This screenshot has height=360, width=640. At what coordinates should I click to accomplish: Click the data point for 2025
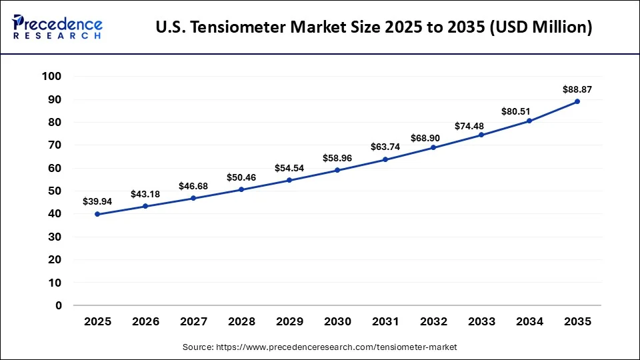[x=97, y=214]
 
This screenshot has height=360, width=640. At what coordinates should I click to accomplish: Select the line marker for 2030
[x=337, y=170]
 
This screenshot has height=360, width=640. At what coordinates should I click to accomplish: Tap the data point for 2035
[x=577, y=101]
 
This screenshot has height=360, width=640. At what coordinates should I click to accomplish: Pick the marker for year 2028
[x=241, y=189]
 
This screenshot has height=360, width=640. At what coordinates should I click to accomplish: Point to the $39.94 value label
[x=97, y=201]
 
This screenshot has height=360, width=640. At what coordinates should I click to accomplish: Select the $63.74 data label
[x=385, y=147]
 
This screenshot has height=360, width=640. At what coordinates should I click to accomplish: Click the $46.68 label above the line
[x=193, y=186]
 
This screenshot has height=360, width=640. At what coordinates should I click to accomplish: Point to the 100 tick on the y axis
[x=51, y=77]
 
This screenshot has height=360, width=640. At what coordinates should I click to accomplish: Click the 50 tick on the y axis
[x=55, y=191]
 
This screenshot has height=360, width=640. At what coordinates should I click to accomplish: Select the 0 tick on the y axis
[x=58, y=305]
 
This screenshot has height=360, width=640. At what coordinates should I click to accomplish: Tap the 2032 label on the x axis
[x=433, y=321]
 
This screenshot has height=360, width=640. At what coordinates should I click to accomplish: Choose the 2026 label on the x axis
[x=145, y=321]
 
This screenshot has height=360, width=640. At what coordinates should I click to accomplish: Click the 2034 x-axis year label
[x=529, y=321]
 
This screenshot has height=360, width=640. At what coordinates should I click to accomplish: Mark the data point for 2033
[x=481, y=135]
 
